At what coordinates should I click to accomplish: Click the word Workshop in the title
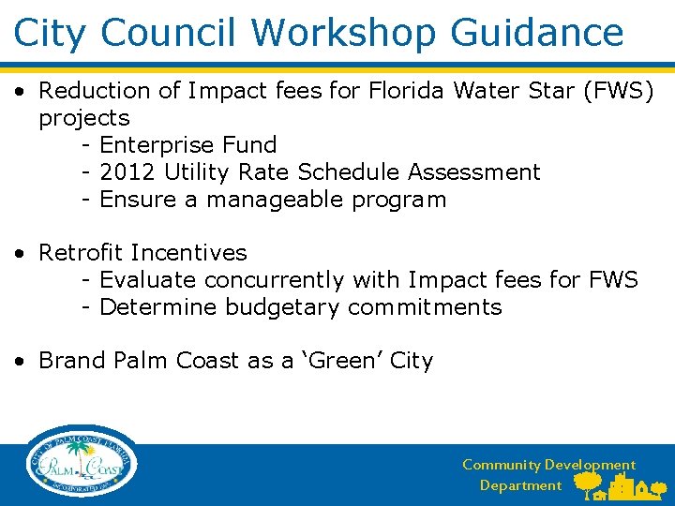[344, 33]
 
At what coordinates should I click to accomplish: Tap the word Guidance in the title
[536, 33]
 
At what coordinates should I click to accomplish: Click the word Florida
[406, 91]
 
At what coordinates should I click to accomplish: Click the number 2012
[127, 172]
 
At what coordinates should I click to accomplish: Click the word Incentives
[188, 253]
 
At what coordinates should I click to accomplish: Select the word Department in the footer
[520, 485]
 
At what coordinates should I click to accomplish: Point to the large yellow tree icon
[588, 483]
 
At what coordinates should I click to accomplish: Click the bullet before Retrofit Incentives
[19, 253]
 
